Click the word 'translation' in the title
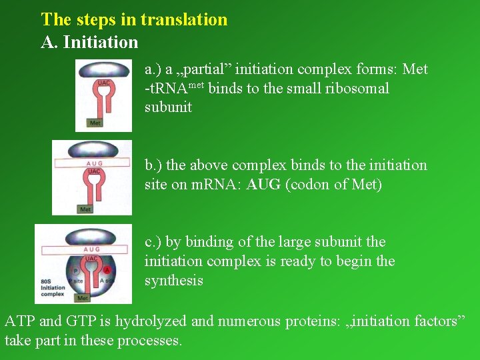[x=183, y=20]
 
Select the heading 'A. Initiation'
[x=89, y=43]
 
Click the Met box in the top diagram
[x=95, y=123]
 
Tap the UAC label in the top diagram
[x=103, y=83]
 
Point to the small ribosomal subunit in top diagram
[x=104, y=70]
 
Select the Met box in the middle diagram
[x=85, y=209]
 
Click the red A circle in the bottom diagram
[x=107, y=269]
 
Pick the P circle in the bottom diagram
[x=75, y=271]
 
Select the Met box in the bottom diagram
[x=83, y=298]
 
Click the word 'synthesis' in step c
[x=174, y=281]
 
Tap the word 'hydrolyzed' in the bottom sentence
[x=151, y=321]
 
